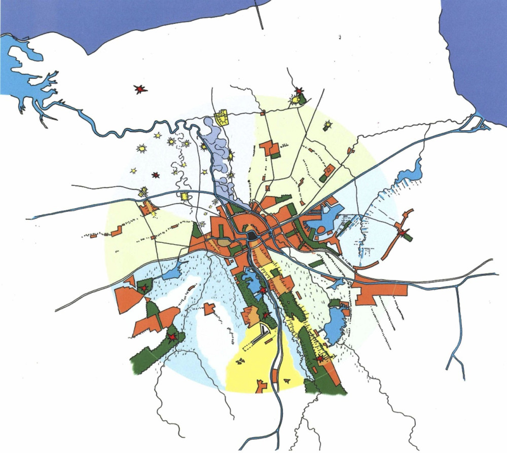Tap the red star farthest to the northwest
(140, 89)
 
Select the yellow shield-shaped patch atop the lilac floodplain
(222, 119)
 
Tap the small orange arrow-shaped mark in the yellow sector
(262, 386)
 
